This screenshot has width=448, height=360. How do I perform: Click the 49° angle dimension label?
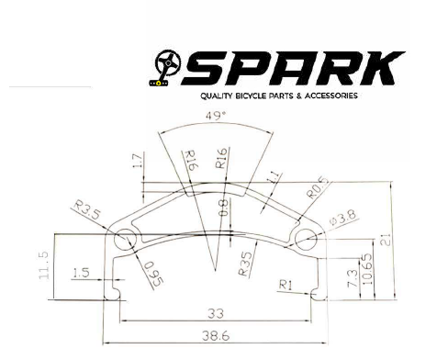tap(216, 116)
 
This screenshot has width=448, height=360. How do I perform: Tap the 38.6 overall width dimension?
tap(216, 336)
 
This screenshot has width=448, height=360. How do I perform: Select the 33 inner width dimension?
tap(216, 313)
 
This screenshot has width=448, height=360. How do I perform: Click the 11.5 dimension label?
tap(44, 265)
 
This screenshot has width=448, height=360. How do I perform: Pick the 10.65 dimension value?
tap(367, 269)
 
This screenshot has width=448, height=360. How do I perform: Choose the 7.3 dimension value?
tap(353, 278)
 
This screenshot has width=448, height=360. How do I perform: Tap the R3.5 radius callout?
tap(87, 209)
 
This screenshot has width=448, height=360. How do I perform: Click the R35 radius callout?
tap(245, 264)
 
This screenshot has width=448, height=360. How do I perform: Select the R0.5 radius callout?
tap(319, 187)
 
